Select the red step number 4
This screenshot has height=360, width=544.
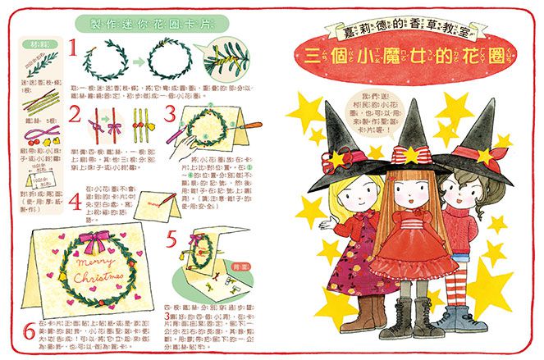tap(75, 202)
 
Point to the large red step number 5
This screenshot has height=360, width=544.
tap(171, 241)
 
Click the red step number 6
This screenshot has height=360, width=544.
tap(29, 331)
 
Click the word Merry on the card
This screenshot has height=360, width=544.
tap(101, 264)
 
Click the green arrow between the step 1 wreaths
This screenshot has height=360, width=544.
tap(135, 60)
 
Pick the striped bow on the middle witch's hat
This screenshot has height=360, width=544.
tap(408, 154)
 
